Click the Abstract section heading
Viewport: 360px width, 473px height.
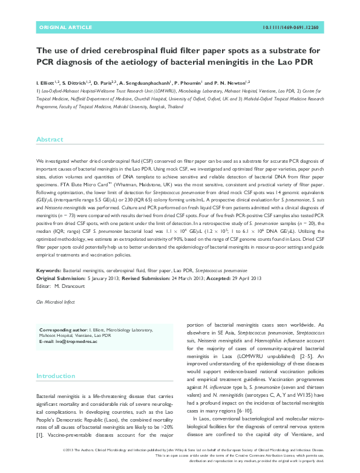pos(50,139)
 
